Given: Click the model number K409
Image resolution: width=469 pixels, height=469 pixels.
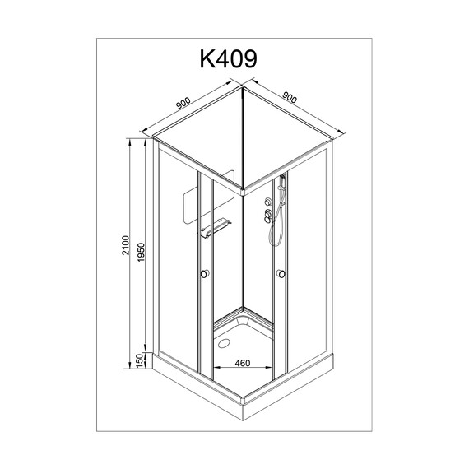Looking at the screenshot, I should [x=229, y=59].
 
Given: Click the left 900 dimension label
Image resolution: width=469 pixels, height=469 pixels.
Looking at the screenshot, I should [x=183, y=103].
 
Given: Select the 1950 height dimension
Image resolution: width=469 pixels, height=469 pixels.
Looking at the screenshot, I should [x=142, y=253].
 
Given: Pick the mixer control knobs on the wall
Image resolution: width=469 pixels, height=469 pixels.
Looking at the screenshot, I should [x=267, y=211].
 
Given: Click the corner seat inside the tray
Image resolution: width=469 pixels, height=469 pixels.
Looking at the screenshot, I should [x=244, y=323].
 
